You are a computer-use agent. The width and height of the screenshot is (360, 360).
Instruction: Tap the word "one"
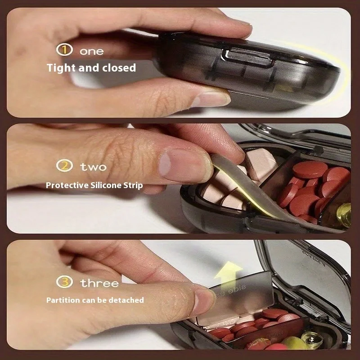pyautogui.click(x=91, y=51)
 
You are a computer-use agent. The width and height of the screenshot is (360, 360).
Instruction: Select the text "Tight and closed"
pyautogui.click(x=91, y=68)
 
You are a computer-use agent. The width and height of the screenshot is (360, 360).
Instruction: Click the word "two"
pyautogui.click(x=93, y=166)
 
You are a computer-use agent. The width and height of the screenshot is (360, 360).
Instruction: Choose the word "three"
pyautogui.click(x=99, y=283)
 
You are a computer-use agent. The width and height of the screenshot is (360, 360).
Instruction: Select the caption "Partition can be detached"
pyautogui.click(x=95, y=300)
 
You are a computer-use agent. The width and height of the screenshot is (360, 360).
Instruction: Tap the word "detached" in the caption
pyautogui.click(x=127, y=300)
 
